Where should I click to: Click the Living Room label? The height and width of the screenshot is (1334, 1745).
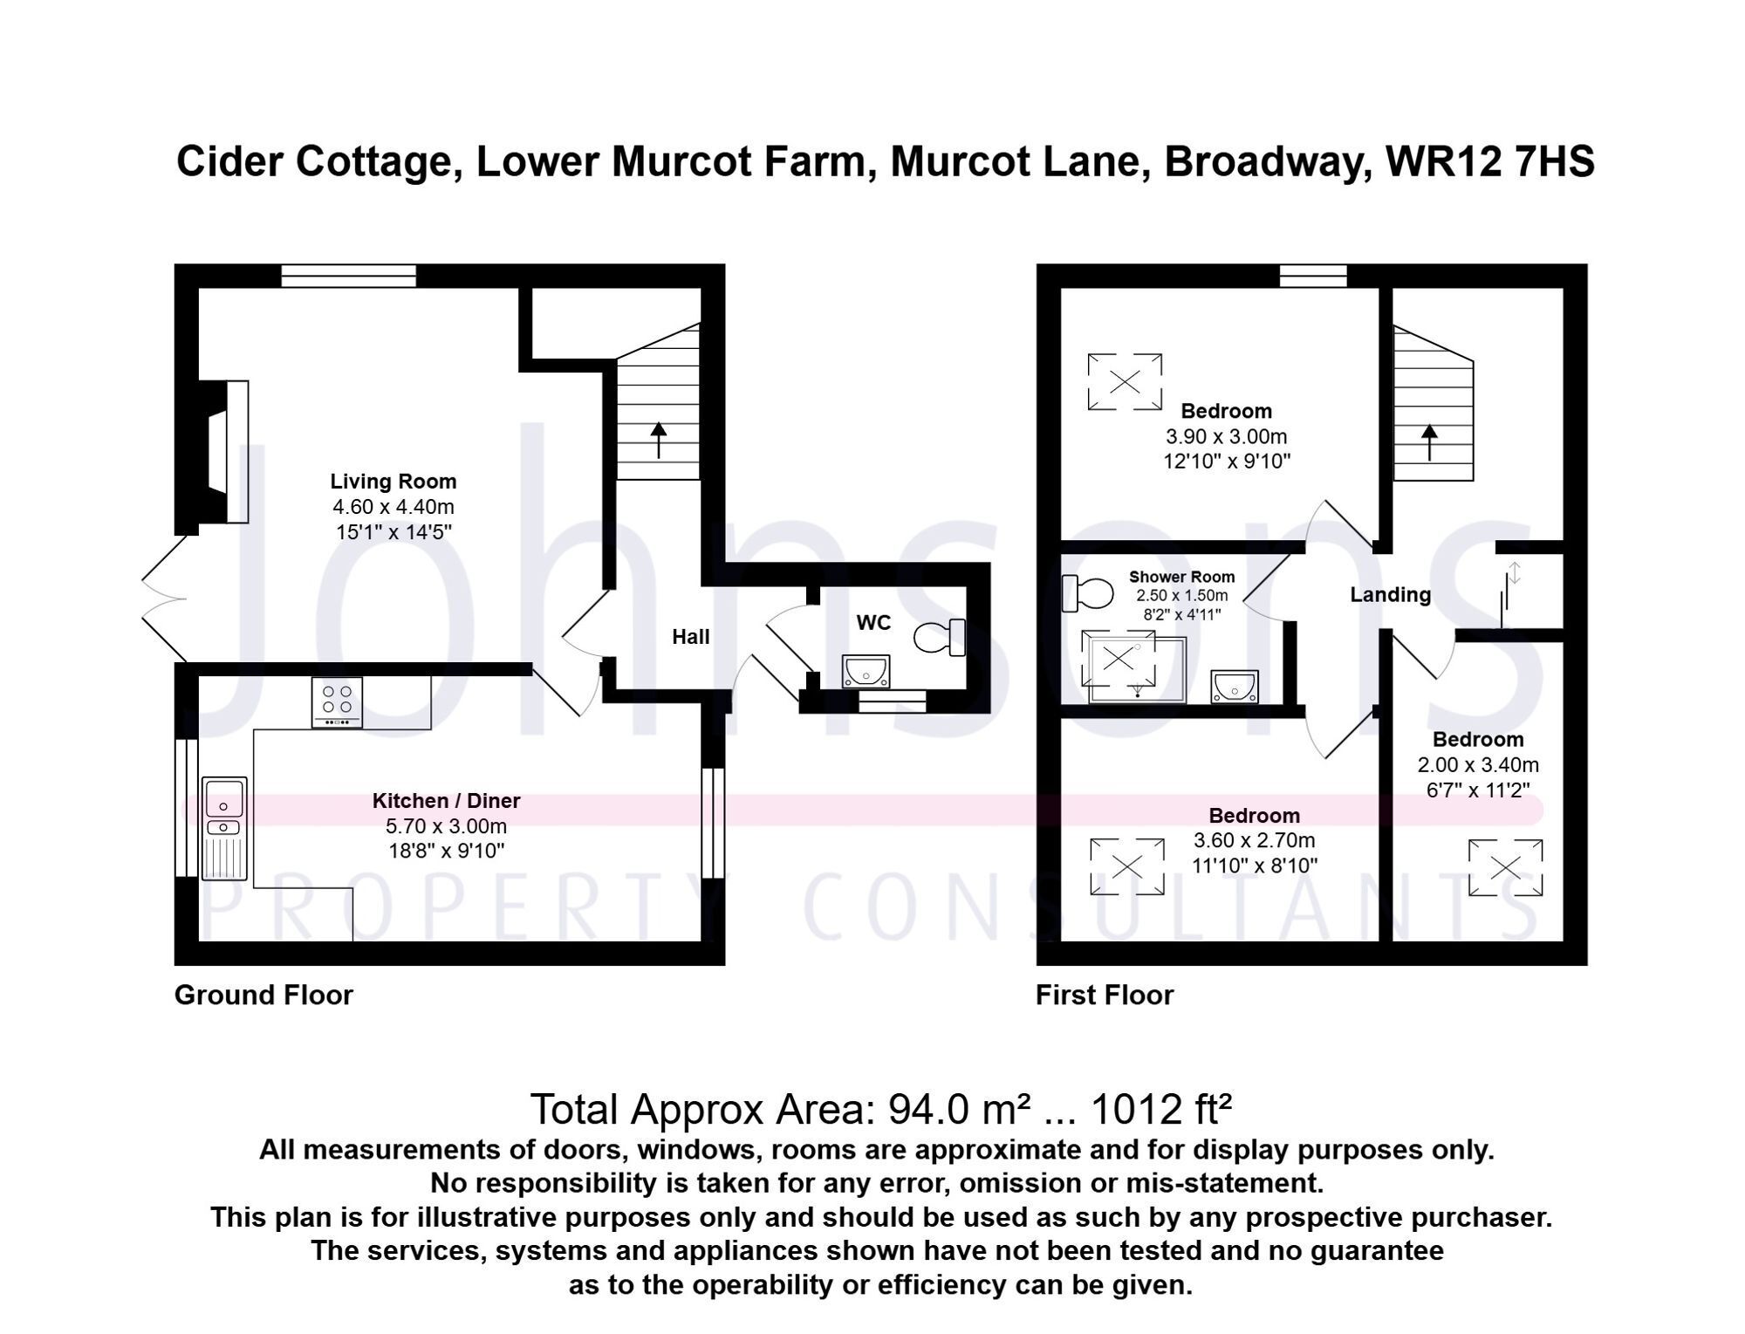[x=393, y=482]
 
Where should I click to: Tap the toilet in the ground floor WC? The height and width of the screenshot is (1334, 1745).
[x=940, y=637]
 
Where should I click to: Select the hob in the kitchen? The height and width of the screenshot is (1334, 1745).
[x=338, y=701]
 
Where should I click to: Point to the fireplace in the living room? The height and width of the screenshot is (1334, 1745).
[x=224, y=452]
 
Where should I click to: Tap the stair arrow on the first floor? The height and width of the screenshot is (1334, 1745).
[x=1429, y=442]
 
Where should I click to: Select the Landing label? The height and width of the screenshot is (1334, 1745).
[x=1391, y=595]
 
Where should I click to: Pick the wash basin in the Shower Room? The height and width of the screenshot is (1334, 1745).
[x=1235, y=687]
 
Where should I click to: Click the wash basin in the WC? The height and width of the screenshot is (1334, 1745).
[x=866, y=673]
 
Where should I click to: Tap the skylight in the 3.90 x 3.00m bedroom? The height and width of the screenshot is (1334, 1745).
[x=1125, y=381]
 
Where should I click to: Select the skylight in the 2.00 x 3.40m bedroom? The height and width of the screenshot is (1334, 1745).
[x=1505, y=867]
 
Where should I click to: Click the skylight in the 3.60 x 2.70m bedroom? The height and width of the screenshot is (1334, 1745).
[x=1127, y=866]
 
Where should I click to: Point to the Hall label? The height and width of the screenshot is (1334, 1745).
[x=690, y=637]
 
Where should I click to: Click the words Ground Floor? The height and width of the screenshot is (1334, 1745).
[x=263, y=995]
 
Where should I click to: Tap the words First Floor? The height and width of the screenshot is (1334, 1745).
[x=1105, y=995]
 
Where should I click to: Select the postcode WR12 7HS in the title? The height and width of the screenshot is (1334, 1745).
[x=1490, y=161]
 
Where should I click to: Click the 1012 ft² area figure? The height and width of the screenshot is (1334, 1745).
[x=1161, y=1110]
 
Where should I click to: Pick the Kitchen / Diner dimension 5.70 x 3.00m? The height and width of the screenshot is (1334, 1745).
[x=446, y=826]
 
